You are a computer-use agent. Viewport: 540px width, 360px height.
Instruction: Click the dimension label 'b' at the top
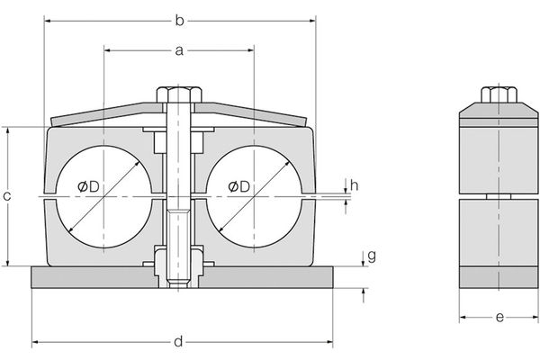tap(179, 19)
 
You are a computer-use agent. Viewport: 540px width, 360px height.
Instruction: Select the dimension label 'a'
tap(179, 51)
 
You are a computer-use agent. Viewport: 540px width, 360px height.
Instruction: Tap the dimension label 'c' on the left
tap(8, 196)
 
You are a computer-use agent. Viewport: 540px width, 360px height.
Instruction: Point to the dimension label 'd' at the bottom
tap(179, 341)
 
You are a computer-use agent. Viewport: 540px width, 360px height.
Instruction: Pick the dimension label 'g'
tap(371, 256)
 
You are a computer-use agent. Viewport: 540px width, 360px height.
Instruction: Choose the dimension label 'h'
tap(355, 185)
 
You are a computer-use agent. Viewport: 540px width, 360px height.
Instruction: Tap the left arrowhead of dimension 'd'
tap(37, 342)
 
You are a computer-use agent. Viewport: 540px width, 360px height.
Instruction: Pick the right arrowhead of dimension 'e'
tap(527, 317)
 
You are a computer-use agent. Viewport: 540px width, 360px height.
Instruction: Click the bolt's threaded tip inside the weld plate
tap(179, 283)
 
